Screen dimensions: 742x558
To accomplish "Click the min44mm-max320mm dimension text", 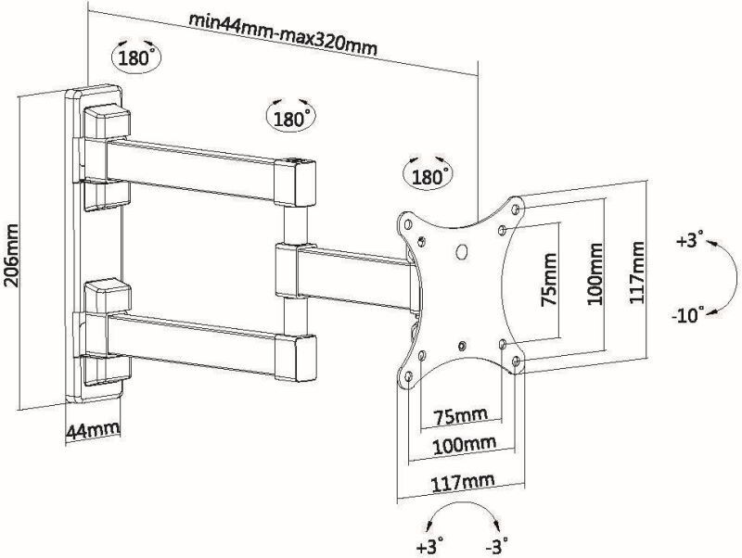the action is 283,34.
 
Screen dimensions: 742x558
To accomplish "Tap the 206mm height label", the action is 11,255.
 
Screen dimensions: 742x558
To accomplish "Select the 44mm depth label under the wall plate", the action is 93,431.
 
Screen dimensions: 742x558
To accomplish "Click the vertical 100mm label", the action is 595,273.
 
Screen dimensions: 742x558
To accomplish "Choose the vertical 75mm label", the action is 549,280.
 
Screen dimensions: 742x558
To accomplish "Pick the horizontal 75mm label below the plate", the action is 460,416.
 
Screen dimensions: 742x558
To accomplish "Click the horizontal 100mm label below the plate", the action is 465,445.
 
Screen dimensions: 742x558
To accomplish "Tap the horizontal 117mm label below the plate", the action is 462,482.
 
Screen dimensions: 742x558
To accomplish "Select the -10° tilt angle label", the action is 687,314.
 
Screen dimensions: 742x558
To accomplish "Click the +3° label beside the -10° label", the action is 690,240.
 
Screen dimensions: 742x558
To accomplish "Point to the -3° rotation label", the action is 497,545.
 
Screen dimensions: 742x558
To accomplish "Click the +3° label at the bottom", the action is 430,545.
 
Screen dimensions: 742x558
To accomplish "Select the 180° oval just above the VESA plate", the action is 428,177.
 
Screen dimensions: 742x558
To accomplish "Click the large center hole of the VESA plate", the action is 461,251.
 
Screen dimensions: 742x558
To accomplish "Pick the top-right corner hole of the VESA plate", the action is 517,208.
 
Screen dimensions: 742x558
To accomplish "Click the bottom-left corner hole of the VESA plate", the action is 409,377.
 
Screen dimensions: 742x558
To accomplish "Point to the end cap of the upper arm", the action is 297,183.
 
